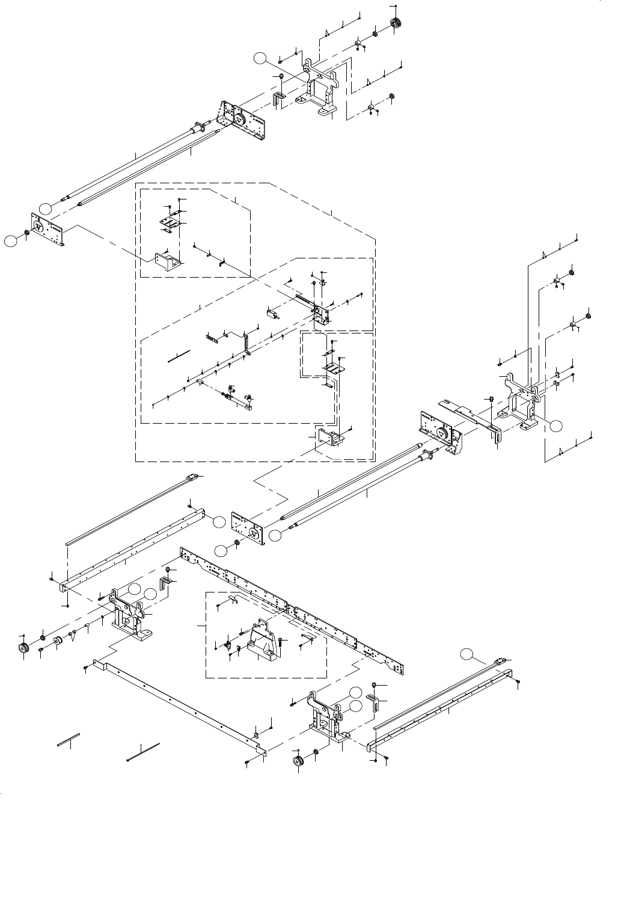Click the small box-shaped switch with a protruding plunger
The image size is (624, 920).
(x=274, y=313)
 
